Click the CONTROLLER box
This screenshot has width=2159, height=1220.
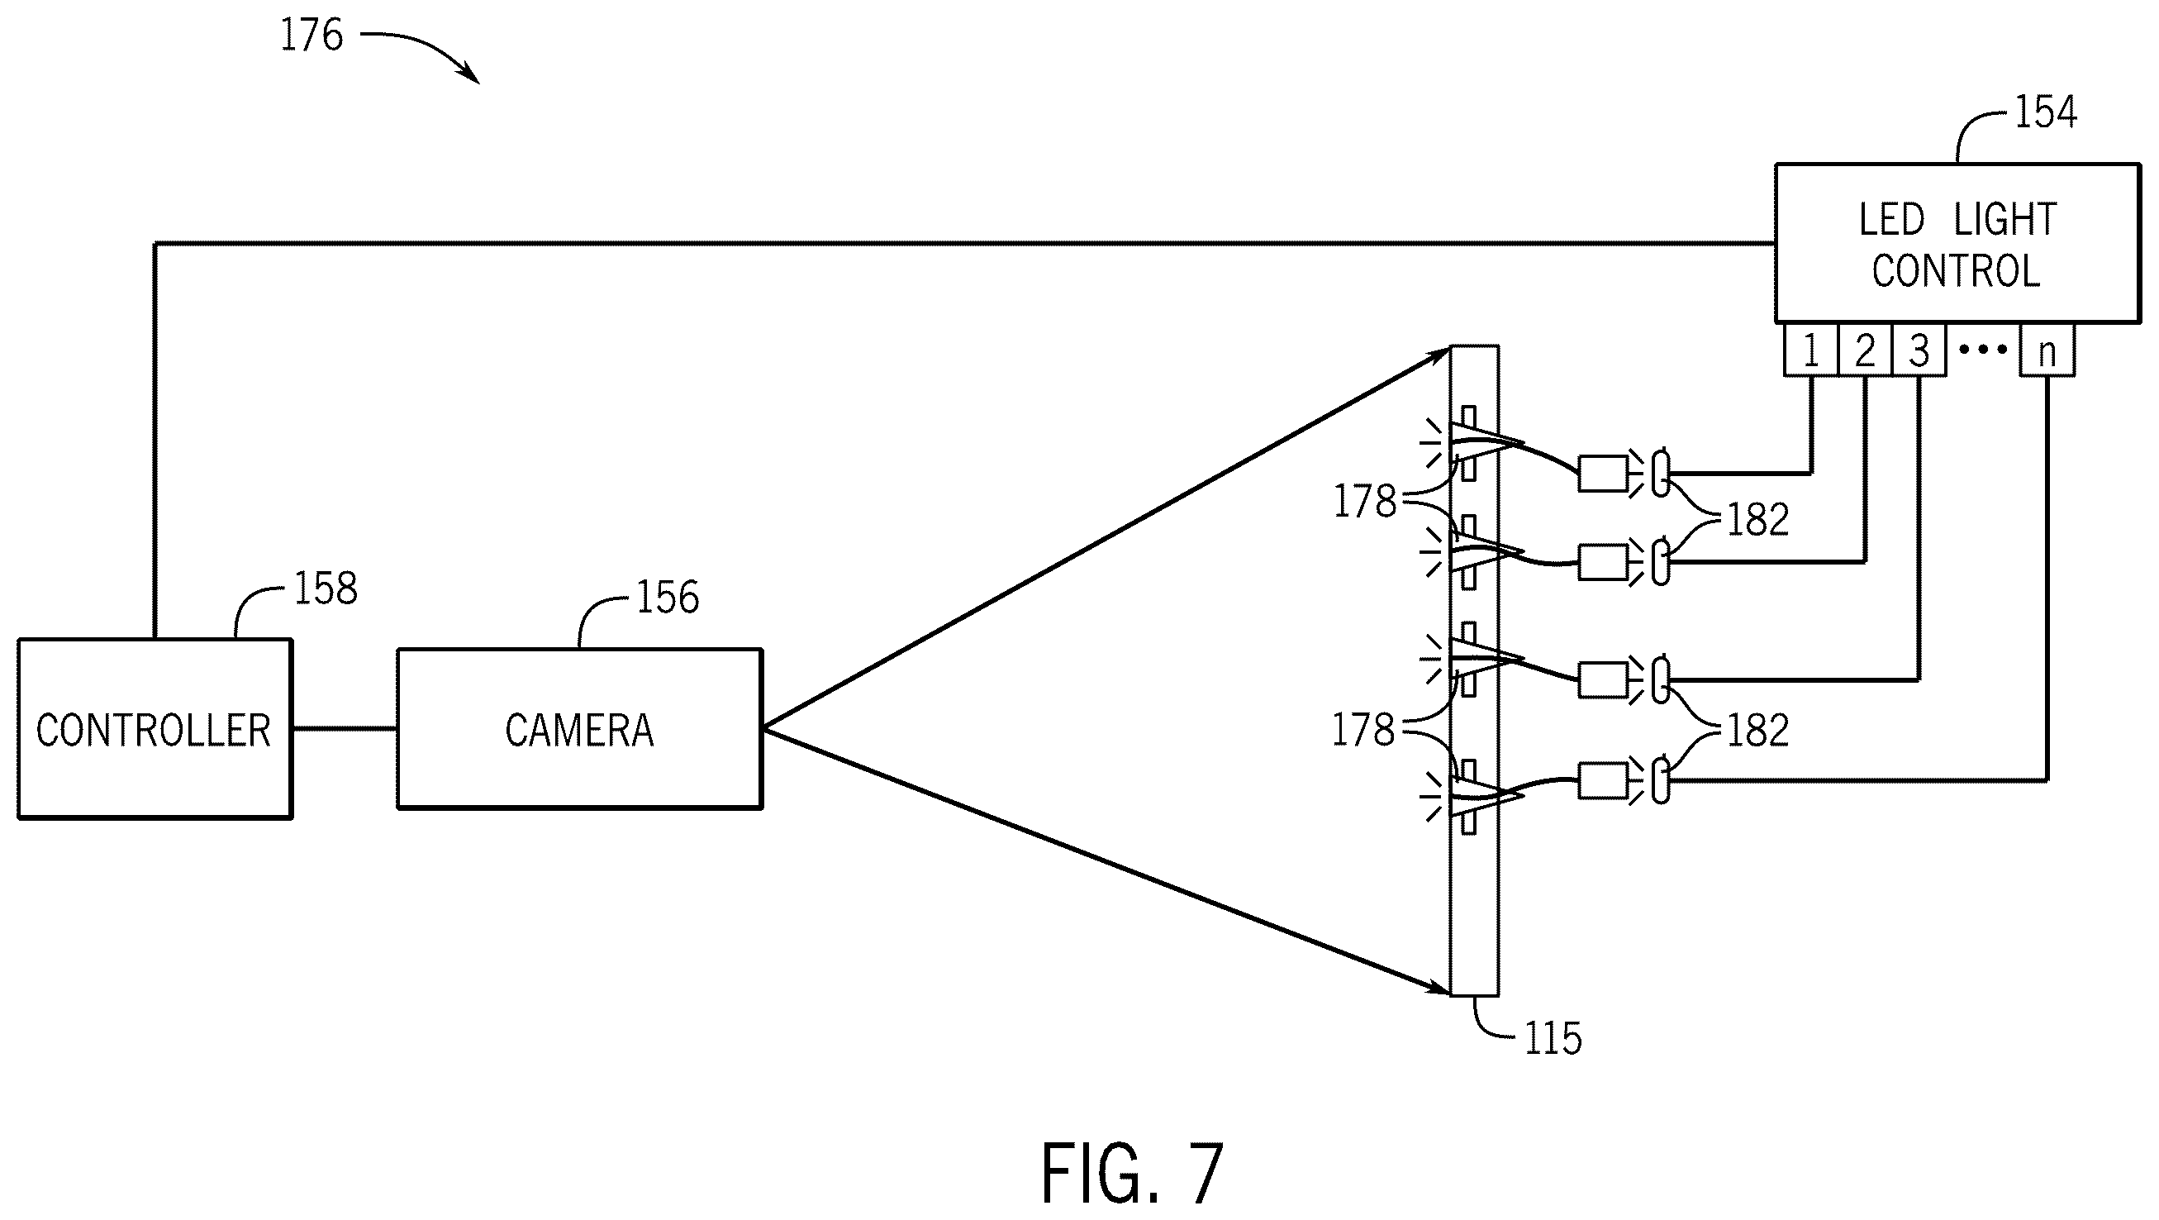pos(155,729)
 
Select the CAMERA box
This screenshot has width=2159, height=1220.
pos(579,729)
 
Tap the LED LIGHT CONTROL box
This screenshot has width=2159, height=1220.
pos(1957,243)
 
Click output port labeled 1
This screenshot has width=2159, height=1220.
pos(1810,350)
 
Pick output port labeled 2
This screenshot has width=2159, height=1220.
pos(1865,350)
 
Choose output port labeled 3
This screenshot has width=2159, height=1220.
pos(1919,350)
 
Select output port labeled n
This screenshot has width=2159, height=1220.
pos(2047,350)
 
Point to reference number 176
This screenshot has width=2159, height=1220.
pos(311,36)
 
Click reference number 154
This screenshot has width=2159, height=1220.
pos(2046,112)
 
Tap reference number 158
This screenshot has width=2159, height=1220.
pos(326,589)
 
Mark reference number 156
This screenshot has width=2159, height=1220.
pos(668,597)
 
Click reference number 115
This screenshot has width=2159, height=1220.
pos(1553,1039)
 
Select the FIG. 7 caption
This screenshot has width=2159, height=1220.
pos(1132,1173)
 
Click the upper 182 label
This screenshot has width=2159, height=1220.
pos(1758,520)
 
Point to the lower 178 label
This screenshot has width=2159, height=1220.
pos(1363,730)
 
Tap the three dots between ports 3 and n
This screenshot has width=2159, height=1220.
pos(1983,350)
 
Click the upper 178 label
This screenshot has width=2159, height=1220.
pos(1365,502)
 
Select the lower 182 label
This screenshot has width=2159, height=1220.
pos(1758,731)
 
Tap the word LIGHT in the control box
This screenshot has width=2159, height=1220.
pos(2005,220)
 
